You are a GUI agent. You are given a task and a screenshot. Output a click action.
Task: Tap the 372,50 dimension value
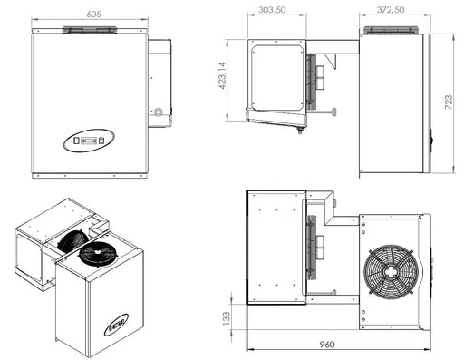(x=392, y=9)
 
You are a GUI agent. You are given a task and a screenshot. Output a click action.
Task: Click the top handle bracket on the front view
(x=89, y=30)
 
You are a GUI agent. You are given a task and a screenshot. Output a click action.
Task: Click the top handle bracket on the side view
(x=392, y=31)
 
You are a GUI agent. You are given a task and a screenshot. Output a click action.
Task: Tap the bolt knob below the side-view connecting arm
(x=335, y=112)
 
